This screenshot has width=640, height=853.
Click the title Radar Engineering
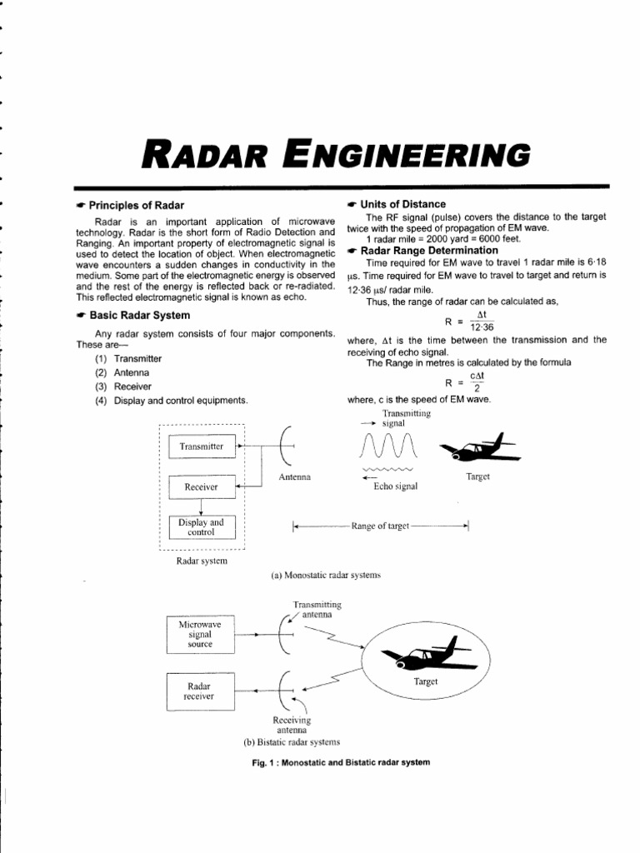click(x=337, y=155)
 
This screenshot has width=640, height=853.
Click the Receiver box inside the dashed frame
click(x=201, y=486)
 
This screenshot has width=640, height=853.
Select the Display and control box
click(x=201, y=526)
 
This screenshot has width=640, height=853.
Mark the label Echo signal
click(x=395, y=486)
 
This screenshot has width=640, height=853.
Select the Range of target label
click(x=381, y=526)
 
